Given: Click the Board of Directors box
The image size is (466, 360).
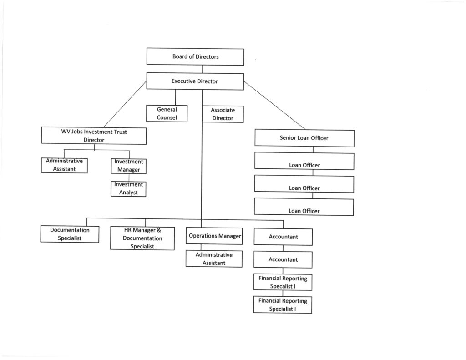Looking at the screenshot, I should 195,57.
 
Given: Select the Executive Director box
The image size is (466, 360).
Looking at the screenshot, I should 195,81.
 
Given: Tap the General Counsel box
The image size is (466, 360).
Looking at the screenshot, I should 167,113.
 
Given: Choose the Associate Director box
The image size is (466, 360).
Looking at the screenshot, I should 223,114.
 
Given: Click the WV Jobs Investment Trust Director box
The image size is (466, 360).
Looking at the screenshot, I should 94,136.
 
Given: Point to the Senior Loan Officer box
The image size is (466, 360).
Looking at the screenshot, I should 304,138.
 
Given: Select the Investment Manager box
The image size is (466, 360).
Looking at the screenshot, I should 128,166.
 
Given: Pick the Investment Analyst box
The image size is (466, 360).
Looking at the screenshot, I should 128,188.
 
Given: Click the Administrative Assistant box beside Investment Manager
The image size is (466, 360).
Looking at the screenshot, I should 64,165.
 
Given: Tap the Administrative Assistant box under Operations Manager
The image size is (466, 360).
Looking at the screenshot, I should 213,259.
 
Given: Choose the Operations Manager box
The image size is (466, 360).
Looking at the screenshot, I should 214,236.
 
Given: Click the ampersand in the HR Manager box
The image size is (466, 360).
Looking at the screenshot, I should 159,230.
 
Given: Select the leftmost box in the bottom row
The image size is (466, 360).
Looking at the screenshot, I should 70,234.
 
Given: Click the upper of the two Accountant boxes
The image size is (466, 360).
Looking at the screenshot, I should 283,237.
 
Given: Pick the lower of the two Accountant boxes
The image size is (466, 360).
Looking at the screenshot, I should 283,259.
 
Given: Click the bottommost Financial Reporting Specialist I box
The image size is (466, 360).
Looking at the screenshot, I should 283,304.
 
